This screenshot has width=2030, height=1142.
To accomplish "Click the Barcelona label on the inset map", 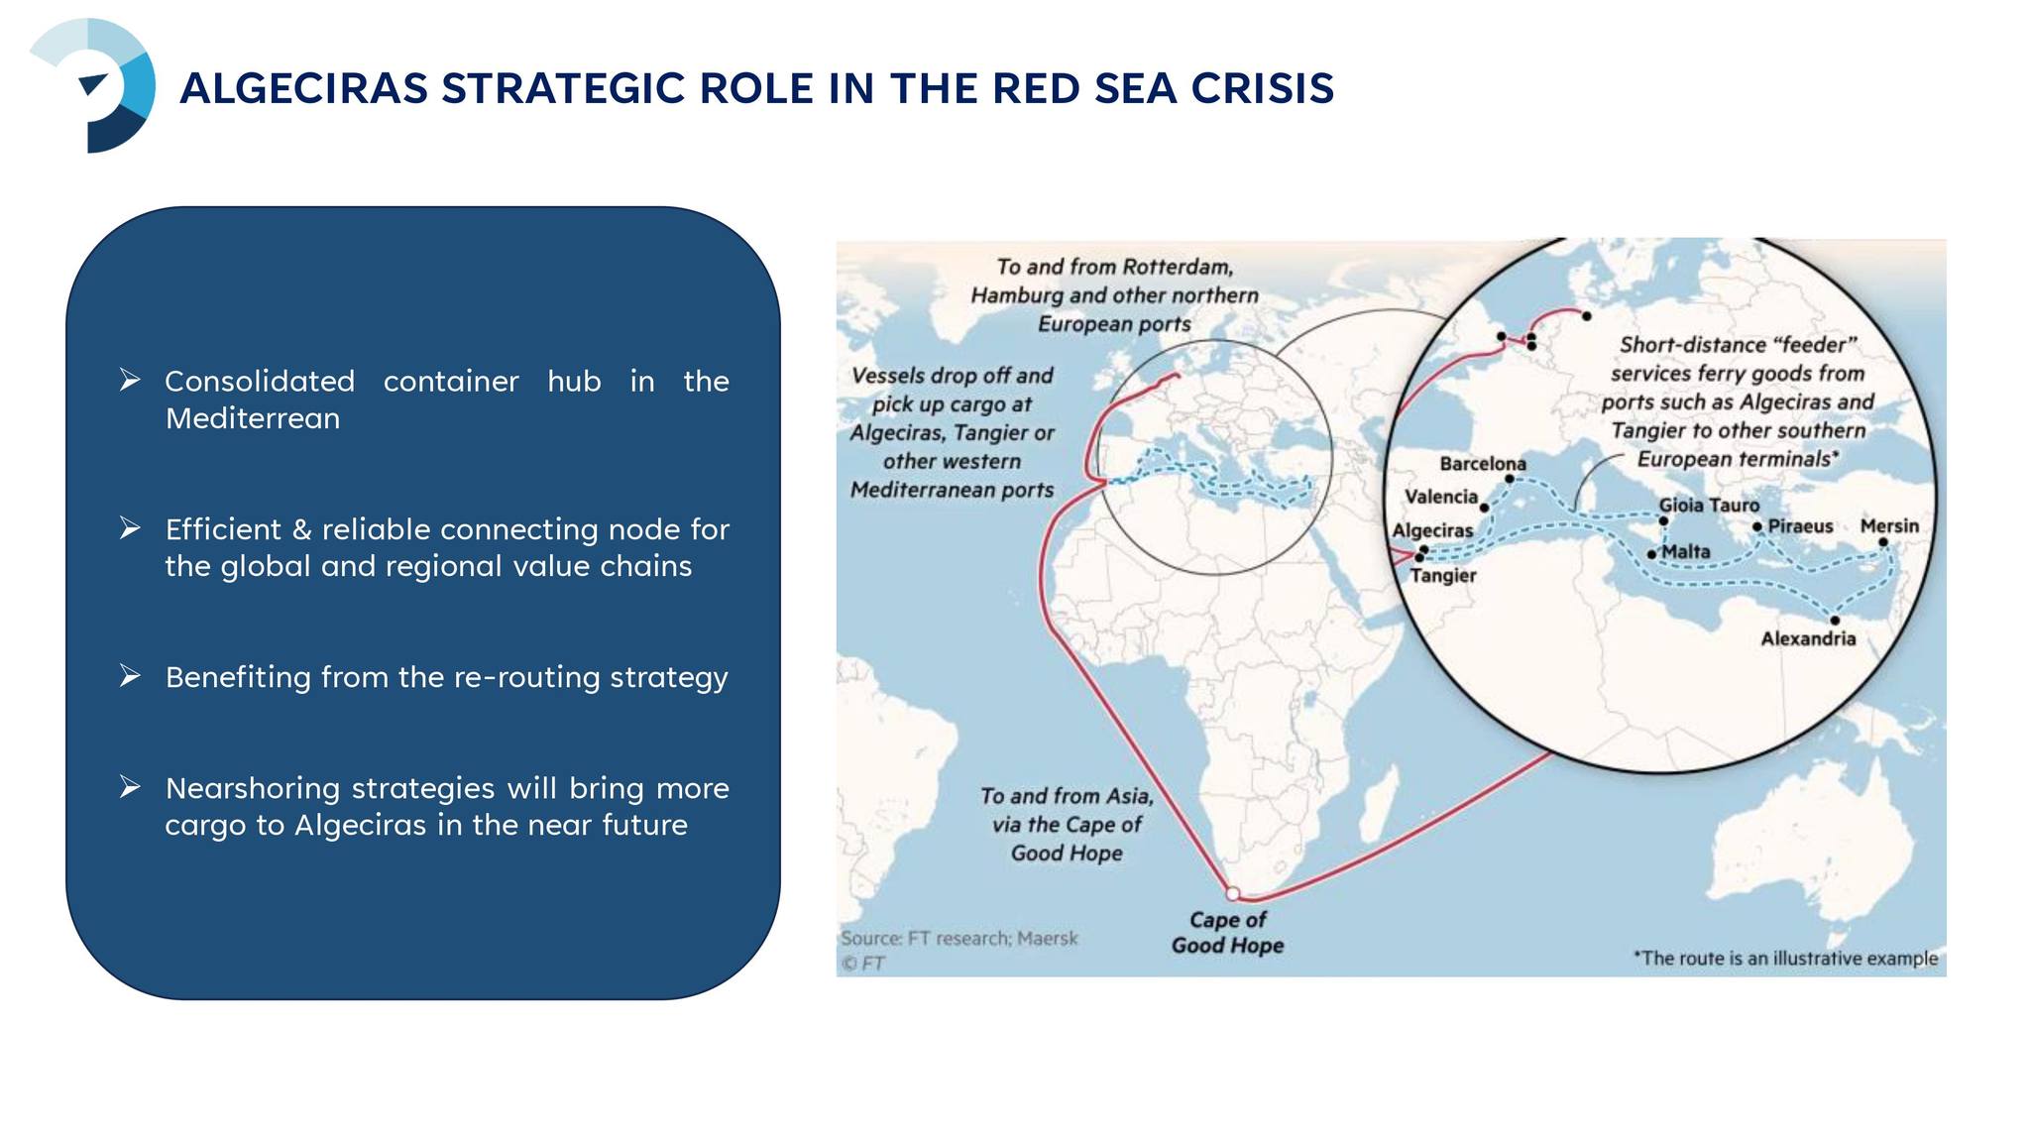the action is [1483, 464].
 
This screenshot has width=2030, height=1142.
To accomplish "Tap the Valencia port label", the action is [1441, 497].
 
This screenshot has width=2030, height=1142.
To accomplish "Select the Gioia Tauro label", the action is [1710, 506].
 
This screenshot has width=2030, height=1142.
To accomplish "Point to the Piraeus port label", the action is [1801, 526].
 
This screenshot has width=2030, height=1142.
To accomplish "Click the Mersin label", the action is [1889, 526].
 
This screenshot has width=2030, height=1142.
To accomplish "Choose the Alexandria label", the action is [1808, 639].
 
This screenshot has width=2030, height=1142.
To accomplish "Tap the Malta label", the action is [1686, 552].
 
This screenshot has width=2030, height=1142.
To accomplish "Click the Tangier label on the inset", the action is [1443, 576].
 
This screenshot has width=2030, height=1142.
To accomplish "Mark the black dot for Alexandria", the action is [1835, 621].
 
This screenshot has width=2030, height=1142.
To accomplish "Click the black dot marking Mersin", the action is [1883, 542].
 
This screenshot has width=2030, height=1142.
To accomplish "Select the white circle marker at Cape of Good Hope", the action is [1233, 893].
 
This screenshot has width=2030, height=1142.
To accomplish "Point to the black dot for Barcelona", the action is [1510, 480].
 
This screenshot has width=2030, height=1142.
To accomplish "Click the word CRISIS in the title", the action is [1263, 88].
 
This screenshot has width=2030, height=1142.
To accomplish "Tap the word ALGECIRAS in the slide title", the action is [304, 88].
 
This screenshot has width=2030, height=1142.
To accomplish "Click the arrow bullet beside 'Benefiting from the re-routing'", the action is [130, 676].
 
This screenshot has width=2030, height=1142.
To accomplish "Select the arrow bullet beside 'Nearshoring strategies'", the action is [130, 787].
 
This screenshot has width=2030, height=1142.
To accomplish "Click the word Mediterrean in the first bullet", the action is [253, 418].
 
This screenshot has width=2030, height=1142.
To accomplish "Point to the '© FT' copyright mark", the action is [863, 964].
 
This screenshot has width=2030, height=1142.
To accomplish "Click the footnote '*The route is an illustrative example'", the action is [1785, 959].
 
